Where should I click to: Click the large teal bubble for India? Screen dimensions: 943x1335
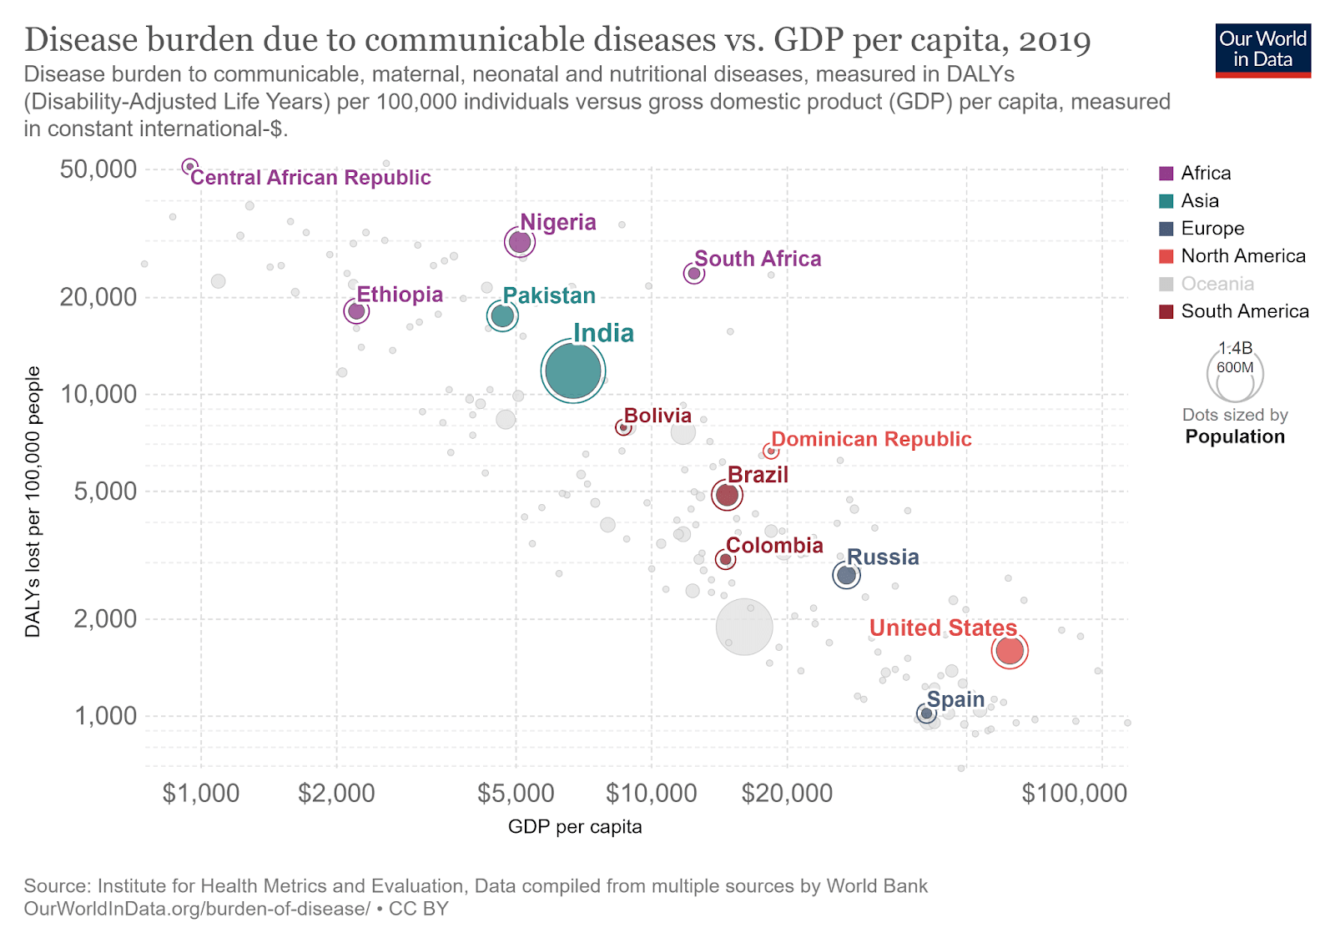(572, 371)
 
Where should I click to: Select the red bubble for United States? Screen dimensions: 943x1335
(1010, 650)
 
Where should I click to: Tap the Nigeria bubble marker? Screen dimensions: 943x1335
(519, 242)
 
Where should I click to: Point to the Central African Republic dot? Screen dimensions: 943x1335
(189, 167)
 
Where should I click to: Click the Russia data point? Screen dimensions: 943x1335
(846, 575)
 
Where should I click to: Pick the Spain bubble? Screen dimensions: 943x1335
(926, 714)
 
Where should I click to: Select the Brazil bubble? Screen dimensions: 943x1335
(727, 495)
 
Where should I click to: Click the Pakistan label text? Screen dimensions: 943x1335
(549, 296)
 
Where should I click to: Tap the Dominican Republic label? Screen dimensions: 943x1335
(871, 440)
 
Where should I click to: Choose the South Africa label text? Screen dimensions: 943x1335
(758, 260)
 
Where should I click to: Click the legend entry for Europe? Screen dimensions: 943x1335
(1212, 229)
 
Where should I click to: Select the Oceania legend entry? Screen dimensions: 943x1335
(1217, 284)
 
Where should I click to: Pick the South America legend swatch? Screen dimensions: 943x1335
(1166, 311)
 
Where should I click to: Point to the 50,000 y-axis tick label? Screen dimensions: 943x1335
(98, 169)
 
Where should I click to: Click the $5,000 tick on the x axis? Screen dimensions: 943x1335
(516, 793)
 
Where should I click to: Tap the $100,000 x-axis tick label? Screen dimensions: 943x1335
(1074, 793)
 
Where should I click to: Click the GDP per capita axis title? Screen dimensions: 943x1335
(575, 827)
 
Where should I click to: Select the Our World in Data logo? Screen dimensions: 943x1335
(1262, 50)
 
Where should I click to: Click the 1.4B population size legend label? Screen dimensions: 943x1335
(1235, 349)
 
